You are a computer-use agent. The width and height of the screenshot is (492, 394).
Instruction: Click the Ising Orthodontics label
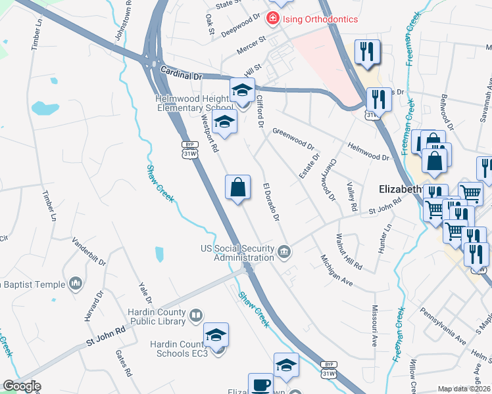click(x=320, y=19)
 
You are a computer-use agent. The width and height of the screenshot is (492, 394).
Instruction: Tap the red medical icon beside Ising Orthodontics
click(x=271, y=20)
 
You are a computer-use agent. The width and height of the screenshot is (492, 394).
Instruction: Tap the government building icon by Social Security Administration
click(x=284, y=250)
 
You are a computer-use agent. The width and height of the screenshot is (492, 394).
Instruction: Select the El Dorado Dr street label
click(x=272, y=201)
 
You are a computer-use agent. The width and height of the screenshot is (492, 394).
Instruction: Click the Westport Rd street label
click(x=209, y=134)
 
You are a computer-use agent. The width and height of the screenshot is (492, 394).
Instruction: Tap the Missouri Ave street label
click(x=374, y=325)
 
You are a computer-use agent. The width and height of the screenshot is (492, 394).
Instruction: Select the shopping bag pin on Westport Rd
click(x=238, y=188)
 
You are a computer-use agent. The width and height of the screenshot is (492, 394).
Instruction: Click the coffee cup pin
click(x=260, y=385)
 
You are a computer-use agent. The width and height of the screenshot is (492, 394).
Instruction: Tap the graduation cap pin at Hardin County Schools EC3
click(x=216, y=336)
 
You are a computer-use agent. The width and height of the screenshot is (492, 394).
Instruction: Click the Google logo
click(x=22, y=386)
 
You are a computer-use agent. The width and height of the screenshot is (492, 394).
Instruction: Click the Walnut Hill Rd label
click(x=349, y=252)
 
